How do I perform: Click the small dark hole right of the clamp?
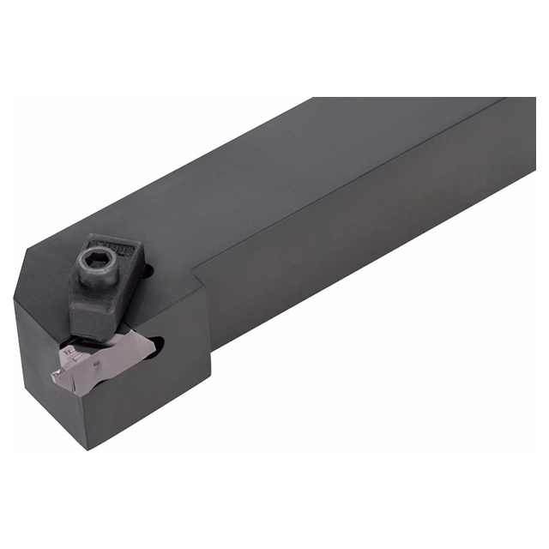click(x=148, y=274)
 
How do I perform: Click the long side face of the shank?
click(x=360, y=240)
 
